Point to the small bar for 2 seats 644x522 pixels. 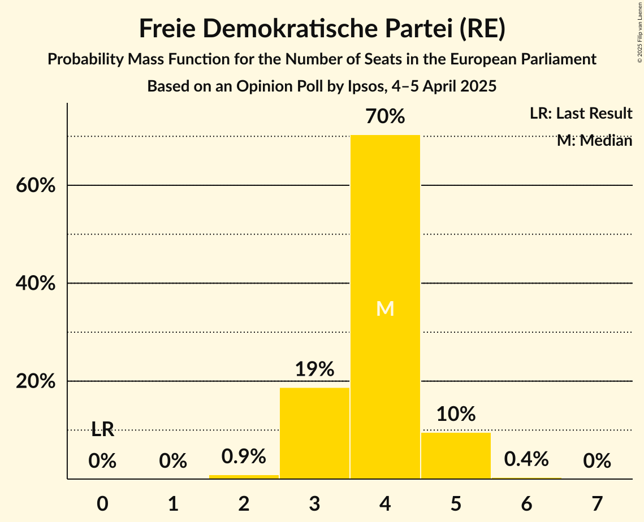[x=244, y=477]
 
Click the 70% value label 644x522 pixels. [x=385, y=117]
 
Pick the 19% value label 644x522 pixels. [x=314, y=369]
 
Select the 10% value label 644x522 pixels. [x=456, y=414]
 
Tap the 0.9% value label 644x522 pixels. [x=244, y=456]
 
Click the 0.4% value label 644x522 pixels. [x=526, y=459]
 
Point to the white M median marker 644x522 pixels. [x=385, y=308]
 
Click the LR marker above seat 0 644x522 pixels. [x=102, y=430]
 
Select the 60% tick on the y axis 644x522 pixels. [x=35, y=185]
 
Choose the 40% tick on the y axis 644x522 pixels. [x=35, y=283]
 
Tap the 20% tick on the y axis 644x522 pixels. [x=35, y=381]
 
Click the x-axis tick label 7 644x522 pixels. [x=597, y=503]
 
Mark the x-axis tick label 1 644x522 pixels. [x=173, y=503]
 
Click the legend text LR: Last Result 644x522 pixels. [x=581, y=114]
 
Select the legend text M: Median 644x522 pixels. [x=594, y=141]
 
